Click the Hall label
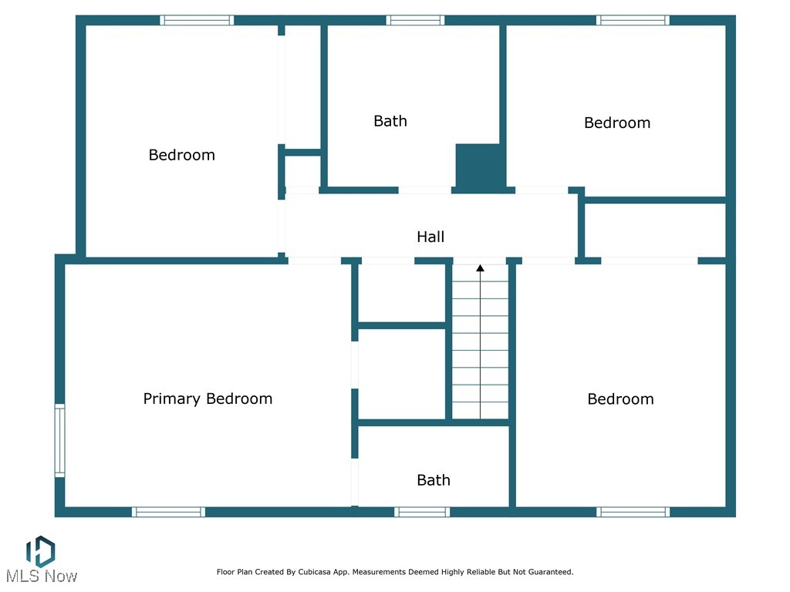point(430,237)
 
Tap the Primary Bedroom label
point(208,399)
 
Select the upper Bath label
point(390,121)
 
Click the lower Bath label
point(434,480)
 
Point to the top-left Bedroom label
point(182,155)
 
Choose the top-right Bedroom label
point(617,123)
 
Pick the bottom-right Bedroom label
point(620,399)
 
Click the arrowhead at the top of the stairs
point(480,268)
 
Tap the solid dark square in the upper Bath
point(480,166)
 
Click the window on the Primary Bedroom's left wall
point(59,440)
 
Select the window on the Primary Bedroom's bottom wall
point(168,512)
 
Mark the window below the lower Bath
point(422,512)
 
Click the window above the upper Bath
point(415,20)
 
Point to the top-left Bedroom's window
point(197,20)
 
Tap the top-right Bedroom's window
point(633,20)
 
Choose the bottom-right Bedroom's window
point(633,512)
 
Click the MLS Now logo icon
point(40,550)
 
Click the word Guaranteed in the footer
point(548,572)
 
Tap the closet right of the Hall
point(655,230)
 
